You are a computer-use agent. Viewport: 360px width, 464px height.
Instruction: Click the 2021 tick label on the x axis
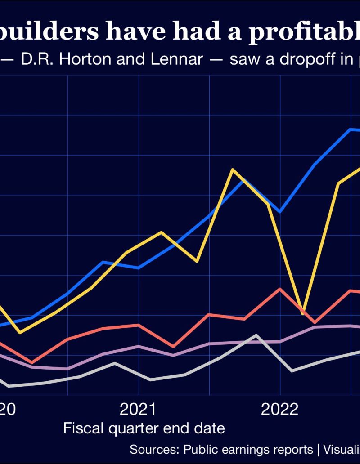pyautogui.click(x=138, y=409)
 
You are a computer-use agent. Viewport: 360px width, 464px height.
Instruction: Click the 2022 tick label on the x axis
pyautogui.click(x=280, y=409)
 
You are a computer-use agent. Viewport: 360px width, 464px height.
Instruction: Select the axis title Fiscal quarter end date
pyautogui.click(x=144, y=428)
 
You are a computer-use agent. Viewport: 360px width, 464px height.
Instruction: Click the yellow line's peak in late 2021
pyautogui.click(x=232, y=170)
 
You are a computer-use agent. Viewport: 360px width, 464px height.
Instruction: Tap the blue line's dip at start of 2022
pyautogui.click(x=280, y=211)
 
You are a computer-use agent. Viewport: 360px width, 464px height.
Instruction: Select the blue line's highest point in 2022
pyautogui.click(x=351, y=129)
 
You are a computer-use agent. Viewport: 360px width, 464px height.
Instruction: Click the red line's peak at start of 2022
pyautogui.click(x=280, y=289)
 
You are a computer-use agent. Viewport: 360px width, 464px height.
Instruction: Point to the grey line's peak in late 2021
pyautogui.click(x=256, y=335)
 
